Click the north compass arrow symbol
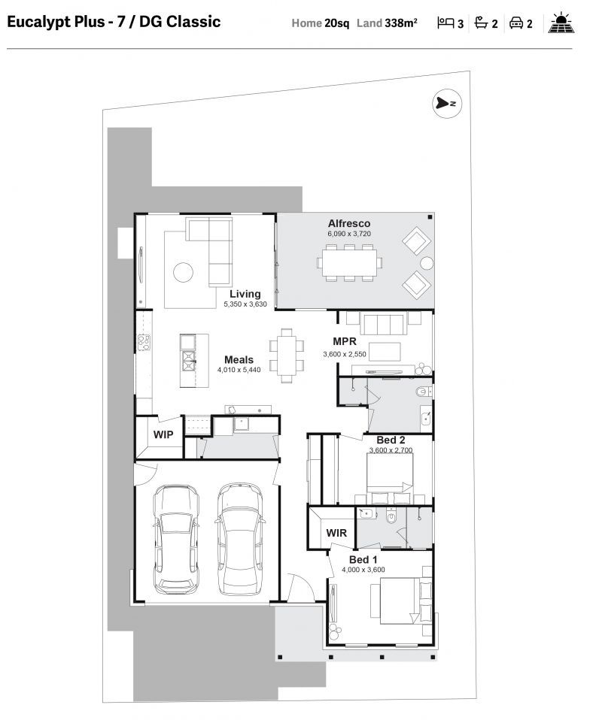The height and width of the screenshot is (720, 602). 445,104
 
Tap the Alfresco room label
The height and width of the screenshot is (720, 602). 348,223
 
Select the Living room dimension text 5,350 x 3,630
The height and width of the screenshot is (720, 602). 245,304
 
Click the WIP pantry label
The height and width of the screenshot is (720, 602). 163,434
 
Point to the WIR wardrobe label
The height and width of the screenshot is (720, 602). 336,532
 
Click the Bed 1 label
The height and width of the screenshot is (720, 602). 363,560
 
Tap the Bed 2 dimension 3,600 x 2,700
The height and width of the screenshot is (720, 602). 391,450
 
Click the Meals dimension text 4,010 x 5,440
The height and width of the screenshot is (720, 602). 239,370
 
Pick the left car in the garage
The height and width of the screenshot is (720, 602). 175,538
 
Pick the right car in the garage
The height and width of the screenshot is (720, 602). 239,538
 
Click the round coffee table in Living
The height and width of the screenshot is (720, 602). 184,272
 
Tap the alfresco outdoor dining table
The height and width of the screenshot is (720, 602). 349,262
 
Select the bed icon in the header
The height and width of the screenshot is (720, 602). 445,23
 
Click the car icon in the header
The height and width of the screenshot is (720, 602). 516,23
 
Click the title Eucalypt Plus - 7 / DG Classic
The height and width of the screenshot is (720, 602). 114,22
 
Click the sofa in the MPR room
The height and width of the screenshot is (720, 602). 384,324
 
